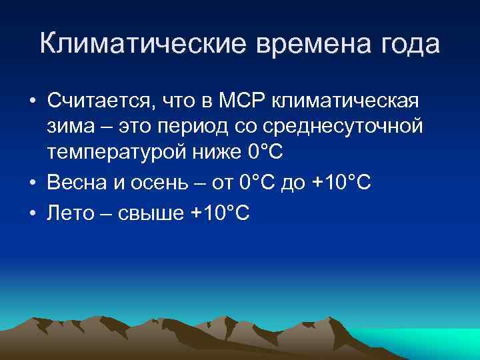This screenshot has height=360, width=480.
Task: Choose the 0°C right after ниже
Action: (265, 153)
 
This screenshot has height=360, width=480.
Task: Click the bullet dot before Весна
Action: (32, 183)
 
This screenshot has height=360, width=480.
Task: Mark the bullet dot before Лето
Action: (32, 213)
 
